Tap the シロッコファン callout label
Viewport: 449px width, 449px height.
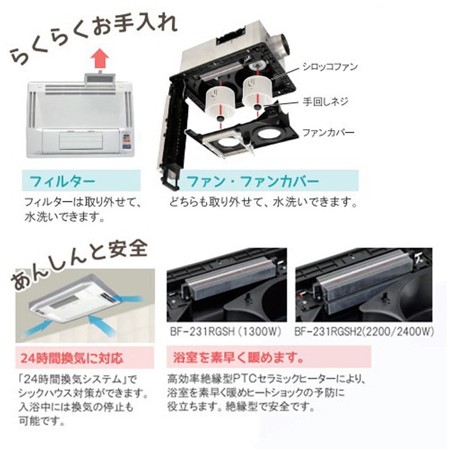[330, 67]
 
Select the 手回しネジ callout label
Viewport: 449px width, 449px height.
[326, 102]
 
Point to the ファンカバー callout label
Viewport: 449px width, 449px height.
[328, 132]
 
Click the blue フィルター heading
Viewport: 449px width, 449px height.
[62, 181]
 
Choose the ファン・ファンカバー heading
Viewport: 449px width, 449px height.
[253, 181]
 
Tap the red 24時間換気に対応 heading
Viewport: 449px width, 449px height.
[72, 358]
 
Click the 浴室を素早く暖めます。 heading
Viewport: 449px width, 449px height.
[239, 357]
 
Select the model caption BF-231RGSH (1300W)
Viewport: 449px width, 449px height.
[226, 332]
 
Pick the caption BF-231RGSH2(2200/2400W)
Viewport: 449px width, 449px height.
[364, 332]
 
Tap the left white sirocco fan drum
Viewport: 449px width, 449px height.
[221, 103]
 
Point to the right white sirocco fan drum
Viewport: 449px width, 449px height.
[258, 91]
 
